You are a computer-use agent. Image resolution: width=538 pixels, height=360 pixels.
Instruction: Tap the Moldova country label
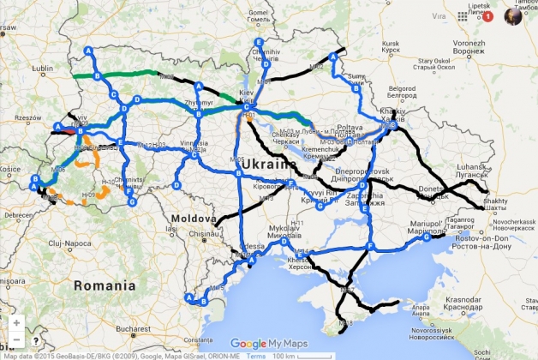click(194, 219)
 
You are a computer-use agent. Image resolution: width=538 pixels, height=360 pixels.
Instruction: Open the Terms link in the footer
click(256, 355)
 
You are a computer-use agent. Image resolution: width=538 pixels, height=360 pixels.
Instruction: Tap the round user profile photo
click(513, 15)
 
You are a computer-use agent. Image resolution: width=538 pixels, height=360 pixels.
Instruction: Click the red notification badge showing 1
click(488, 15)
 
